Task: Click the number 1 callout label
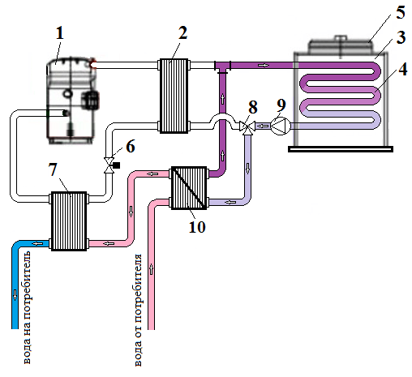[60, 33]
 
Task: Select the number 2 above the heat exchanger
[182, 33]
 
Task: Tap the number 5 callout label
[401, 12]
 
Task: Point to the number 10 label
[197, 226]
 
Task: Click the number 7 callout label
[53, 169]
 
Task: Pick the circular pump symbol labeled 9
[281, 126]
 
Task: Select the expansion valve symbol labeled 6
[110, 165]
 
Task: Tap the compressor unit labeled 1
[72, 100]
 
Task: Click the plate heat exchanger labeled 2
[174, 96]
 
